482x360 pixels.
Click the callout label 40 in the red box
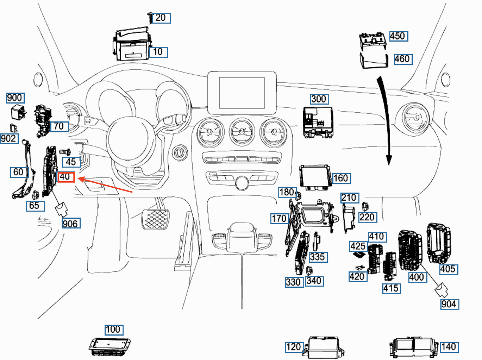(66, 177)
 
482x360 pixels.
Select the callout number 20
(161, 18)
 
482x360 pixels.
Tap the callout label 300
(320, 99)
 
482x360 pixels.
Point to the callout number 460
(403, 59)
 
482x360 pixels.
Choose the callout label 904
(450, 305)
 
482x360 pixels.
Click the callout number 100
(114, 330)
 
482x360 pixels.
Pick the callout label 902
(9, 139)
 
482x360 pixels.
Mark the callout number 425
(359, 246)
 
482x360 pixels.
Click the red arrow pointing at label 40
(105, 185)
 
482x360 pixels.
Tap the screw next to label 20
(150, 18)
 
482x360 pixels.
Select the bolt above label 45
(65, 152)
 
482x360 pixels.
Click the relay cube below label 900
(18, 112)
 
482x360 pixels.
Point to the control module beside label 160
(315, 177)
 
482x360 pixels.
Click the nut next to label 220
(365, 207)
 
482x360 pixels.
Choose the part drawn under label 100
(110, 347)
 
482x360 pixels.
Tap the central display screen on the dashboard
(242, 93)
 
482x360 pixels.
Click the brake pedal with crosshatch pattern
(155, 220)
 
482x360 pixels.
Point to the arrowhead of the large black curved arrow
(389, 160)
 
